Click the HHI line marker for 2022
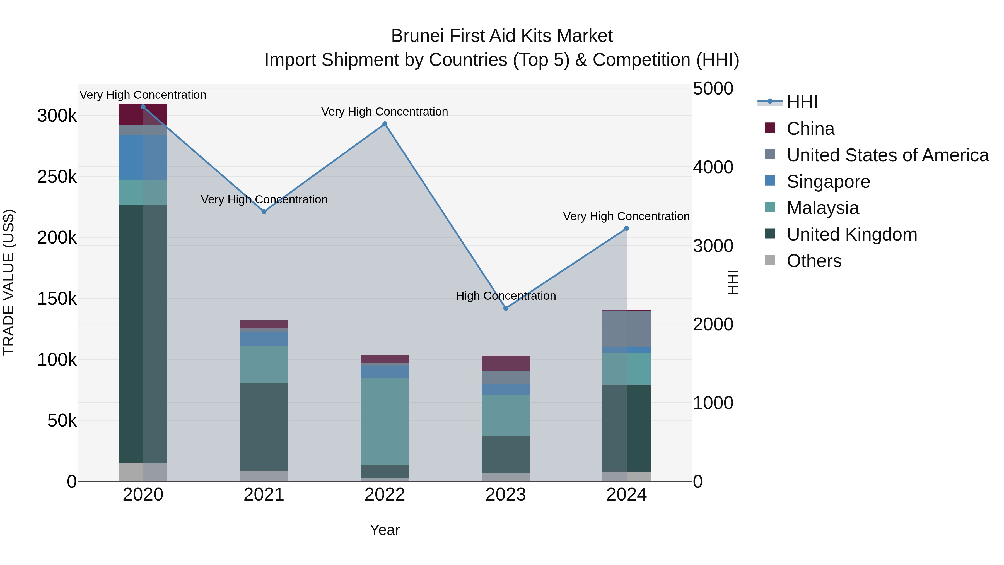click(385, 124)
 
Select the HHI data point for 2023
click(506, 308)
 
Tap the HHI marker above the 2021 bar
click(264, 211)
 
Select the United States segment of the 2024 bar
click(626, 328)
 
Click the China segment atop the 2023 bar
click(506, 363)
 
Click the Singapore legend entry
click(828, 182)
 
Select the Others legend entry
click(814, 261)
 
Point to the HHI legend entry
click(802, 102)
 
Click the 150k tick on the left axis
click(57, 299)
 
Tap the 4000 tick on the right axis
click(713, 167)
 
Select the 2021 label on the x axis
click(264, 495)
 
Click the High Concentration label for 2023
click(506, 296)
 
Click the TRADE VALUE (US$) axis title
click(9, 282)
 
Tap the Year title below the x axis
click(385, 530)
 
